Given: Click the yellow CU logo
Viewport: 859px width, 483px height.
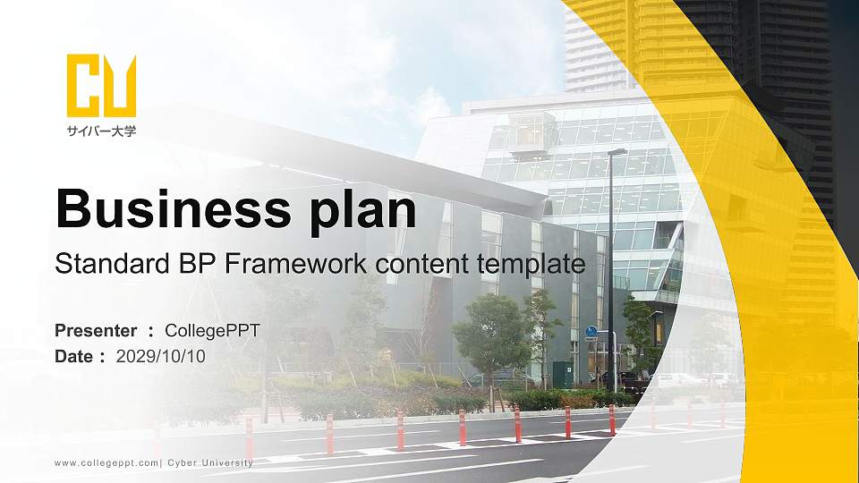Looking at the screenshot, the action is [101, 86].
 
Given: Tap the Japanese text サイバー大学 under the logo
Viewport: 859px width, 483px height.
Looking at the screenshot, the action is [101, 131].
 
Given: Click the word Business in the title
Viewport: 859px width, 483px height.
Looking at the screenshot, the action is [173, 208].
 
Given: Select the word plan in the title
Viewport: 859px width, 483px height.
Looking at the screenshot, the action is [363, 211].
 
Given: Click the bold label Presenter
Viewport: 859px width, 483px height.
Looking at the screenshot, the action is [96, 330].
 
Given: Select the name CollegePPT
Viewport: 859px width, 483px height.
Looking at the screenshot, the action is [213, 331].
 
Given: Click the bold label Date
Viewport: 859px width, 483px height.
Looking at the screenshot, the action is [74, 356].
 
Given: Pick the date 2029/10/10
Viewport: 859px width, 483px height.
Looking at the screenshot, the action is [160, 356].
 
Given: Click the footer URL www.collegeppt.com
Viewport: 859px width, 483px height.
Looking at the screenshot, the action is [106, 463].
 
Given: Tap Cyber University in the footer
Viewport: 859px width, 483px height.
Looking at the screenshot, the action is [210, 462].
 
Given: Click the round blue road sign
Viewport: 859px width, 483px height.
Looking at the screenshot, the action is [591, 331].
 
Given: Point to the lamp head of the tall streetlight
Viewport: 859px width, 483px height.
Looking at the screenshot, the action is [618, 151].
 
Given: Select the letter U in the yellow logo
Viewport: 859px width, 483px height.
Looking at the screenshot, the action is [120, 86].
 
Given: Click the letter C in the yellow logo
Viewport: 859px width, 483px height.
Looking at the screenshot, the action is [83, 86].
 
